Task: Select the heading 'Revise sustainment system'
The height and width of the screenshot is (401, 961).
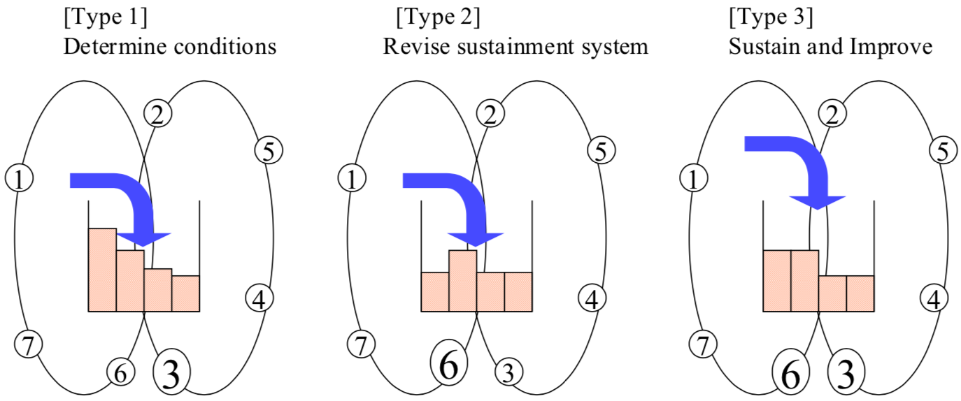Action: pyautogui.click(x=515, y=47)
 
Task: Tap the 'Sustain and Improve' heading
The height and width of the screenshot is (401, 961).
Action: pyautogui.click(x=830, y=47)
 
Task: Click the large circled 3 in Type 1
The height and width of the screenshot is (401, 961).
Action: pyautogui.click(x=171, y=374)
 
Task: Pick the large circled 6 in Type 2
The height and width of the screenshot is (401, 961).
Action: pyautogui.click(x=448, y=365)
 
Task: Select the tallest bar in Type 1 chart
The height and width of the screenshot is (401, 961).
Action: pyautogui.click(x=102, y=270)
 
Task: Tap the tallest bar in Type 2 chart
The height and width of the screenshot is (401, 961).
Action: pyautogui.click(x=462, y=280)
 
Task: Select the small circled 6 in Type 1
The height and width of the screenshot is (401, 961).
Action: pyautogui.click(x=120, y=374)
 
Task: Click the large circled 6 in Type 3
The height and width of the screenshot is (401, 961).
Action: pyautogui.click(x=790, y=374)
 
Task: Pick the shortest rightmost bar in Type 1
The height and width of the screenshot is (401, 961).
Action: pyautogui.click(x=185, y=293)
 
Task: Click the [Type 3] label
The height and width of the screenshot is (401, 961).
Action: pyautogui.click(x=770, y=16)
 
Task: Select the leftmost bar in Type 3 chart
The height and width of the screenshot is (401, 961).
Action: pyautogui.click(x=776, y=280)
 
